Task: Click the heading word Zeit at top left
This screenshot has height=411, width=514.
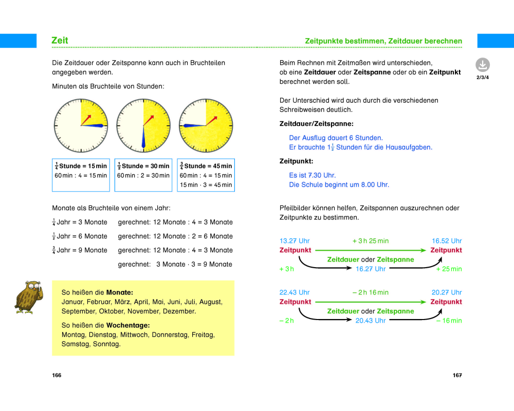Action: [60, 41]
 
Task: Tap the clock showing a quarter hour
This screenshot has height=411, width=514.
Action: [81, 125]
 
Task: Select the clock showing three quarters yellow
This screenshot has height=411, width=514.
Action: [206, 125]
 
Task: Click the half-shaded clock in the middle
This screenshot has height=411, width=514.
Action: [143, 125]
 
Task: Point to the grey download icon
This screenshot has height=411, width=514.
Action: [482, 65]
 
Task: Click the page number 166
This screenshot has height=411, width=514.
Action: [57, 375]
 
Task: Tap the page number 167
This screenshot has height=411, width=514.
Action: [457, 375]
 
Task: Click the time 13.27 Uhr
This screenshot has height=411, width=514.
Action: [295, 241]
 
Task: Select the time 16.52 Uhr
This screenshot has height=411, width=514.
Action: [447, 241]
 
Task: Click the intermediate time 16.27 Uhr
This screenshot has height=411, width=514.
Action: [370, 269]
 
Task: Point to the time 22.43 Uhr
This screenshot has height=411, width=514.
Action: [295, 292]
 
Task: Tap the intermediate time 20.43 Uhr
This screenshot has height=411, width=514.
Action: [370, 321]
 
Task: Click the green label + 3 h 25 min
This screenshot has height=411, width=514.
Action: [370, 241]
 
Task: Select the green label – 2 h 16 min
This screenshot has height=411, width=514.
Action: [370, 292]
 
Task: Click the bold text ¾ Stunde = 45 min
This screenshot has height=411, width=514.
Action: [206, 166]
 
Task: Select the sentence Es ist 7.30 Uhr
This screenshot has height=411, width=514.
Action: [312, 175]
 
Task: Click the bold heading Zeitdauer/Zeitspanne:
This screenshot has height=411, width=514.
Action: [316, 124]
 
